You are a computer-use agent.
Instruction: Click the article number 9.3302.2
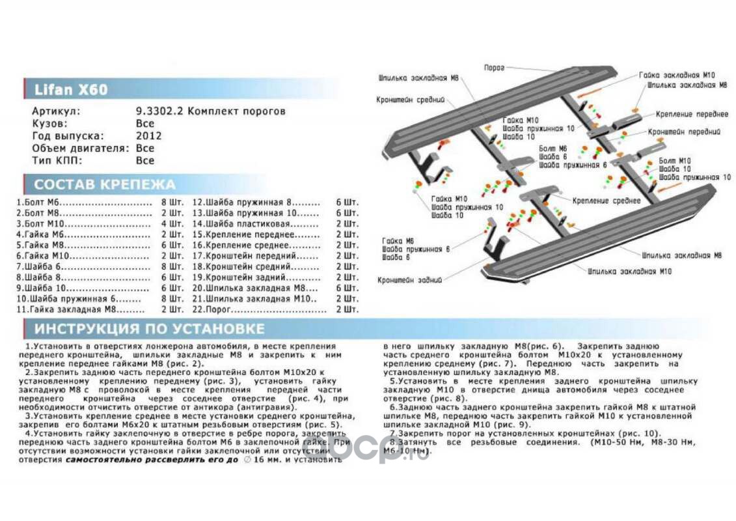click(157, 111)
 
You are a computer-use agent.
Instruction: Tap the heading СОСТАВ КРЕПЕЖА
click(105, 184)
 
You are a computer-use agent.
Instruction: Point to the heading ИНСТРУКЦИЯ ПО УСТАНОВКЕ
click(149, 329)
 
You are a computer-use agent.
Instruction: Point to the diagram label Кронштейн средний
click(409, 100)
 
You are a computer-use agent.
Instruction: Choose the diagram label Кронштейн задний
click(409, 279)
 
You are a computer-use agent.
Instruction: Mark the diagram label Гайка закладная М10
click(677, 75)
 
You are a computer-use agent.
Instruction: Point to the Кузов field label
click(49, 124)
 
